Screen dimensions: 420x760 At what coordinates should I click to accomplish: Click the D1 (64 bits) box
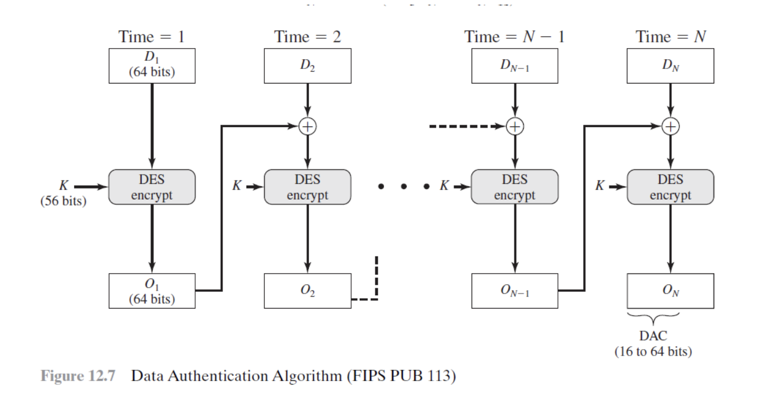pos(152,65)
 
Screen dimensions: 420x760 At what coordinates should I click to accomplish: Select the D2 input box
pos(307,65)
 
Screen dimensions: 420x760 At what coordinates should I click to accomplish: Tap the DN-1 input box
pos(514,65)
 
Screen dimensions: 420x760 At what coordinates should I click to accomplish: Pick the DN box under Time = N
pos(670,65)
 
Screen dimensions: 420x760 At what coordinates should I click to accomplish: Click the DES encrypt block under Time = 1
pos(152,187)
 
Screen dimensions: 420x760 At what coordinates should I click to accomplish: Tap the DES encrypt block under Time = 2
pos(307,187)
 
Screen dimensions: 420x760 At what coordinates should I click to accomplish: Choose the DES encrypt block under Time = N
pos(670,187)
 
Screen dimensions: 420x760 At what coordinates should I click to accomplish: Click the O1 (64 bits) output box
pos(152,291)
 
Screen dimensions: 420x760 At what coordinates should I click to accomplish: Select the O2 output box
pos(307,291)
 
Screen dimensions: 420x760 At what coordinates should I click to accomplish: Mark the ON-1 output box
pos(514,291)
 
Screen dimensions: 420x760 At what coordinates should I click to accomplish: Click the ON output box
pos(670,291)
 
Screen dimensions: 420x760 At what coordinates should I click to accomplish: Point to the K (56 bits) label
pos(63,194)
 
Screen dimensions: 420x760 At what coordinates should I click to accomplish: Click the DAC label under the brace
pos(653,336)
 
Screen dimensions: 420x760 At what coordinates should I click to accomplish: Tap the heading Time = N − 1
pos(514,37)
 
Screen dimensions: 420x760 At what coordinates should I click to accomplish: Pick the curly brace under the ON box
pos(653,317)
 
